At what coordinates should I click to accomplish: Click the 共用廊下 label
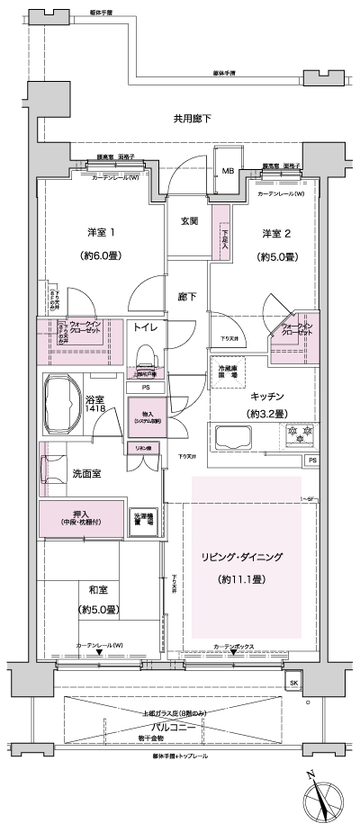tap(192, 119)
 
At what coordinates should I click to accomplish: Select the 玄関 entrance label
tap(189, 221)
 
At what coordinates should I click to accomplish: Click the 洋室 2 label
tap(276, 234)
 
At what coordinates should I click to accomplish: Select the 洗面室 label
tap(85, 472)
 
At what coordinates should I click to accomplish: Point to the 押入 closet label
tap(82, 517)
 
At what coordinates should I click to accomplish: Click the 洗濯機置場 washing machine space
tap(144, 519)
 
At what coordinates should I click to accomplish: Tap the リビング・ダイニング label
tap(242, 559)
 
